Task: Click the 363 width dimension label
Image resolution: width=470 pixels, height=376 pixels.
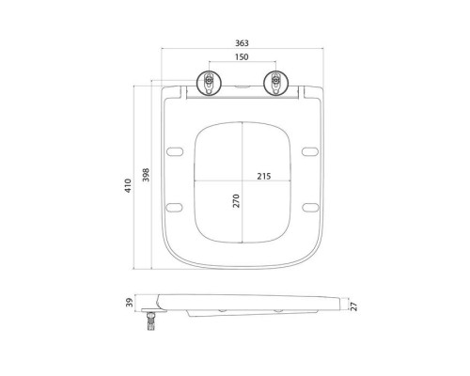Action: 242,43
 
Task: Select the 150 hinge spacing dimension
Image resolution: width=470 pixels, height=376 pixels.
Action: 242,57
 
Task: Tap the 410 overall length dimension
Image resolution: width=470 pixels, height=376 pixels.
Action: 128,185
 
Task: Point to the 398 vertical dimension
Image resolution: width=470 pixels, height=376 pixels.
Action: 146,175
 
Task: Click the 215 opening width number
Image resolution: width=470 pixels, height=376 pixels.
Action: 264,177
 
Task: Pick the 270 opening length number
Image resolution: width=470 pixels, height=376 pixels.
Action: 236,201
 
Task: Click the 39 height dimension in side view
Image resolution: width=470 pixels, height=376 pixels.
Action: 130,303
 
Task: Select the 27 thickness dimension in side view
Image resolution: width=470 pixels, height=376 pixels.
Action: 353,306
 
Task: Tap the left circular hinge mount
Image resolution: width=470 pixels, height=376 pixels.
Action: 209,83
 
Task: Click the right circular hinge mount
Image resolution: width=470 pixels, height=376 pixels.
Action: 276,83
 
